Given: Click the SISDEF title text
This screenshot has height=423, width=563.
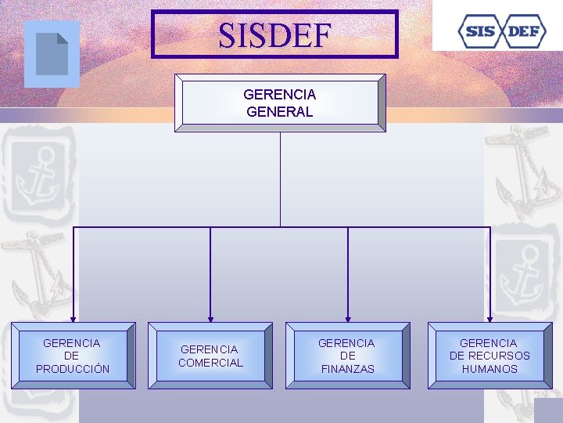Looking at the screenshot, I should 274,34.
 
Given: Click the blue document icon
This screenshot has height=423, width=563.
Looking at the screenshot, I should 52,54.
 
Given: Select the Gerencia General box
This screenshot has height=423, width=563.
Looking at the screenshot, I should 280,103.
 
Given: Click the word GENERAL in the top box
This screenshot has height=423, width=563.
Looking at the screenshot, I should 280,111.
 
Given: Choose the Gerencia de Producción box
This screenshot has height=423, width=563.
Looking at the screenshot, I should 72,356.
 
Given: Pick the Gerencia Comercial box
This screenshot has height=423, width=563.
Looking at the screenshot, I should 211,356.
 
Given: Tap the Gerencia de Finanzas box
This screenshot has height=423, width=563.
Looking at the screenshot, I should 346,356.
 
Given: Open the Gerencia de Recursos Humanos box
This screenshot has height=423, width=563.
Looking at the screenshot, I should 489,356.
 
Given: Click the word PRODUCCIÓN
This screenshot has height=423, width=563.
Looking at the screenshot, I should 73,369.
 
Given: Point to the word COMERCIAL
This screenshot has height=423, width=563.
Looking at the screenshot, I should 211,363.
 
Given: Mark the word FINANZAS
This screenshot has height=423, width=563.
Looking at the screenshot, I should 347,369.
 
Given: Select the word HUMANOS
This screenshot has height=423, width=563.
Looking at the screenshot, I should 489,369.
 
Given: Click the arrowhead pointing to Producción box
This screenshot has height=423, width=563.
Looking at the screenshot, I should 73,318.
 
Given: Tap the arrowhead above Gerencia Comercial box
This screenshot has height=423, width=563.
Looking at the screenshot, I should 210,318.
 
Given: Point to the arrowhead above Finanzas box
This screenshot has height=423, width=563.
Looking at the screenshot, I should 348,318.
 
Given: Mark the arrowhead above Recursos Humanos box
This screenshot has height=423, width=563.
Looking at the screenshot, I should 489,318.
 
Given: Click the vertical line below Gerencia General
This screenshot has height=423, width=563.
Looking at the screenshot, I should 280,180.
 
